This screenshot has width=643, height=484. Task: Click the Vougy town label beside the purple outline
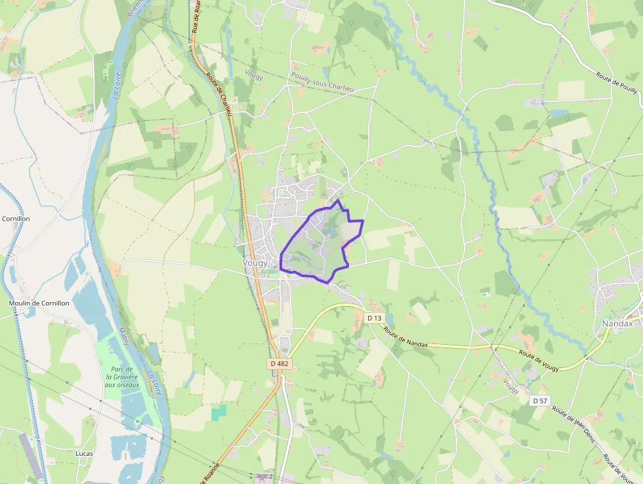click(x=255, y=263)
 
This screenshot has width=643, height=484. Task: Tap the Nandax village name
click(x=617, y=324)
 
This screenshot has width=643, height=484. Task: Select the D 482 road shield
click(x=279, y=363)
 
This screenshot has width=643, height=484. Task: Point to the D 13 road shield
click(x=374, y=318)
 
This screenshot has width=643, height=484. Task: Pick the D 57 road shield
click(x=540, y=400)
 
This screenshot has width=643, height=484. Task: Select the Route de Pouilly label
click(x=617, y=84)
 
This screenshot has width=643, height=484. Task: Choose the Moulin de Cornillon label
click(x=39, y=303)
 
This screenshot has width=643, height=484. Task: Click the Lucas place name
click(x=84, y=453)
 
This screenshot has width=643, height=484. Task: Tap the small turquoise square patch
click(x=218, y=412)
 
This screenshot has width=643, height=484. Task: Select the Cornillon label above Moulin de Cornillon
click(x=16, y=219)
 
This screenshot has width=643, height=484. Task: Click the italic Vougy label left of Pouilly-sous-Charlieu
click(x=253, y=77)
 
